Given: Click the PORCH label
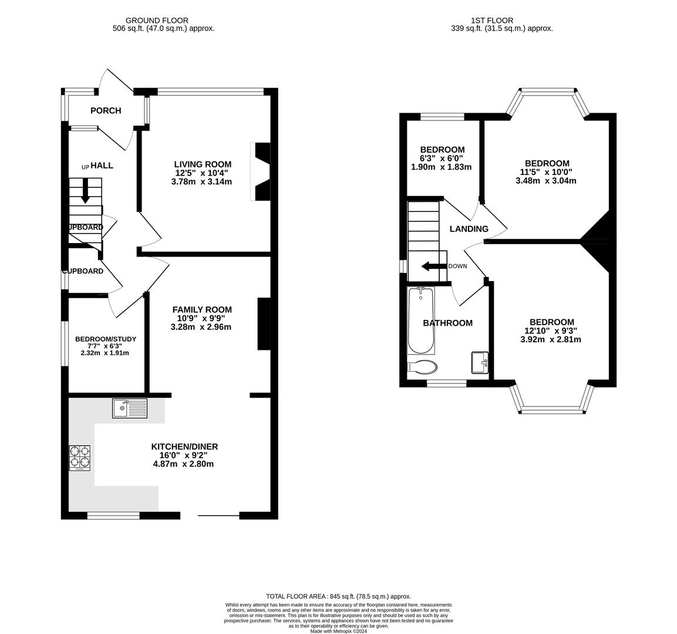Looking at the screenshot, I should coord(106,110).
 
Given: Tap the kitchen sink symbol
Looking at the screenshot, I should coord(130,408).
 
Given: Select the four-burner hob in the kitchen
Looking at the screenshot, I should coord(80,458).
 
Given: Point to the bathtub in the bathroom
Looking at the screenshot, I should coord(420,320).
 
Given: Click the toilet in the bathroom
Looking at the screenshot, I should coord(422,367).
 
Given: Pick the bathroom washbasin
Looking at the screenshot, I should coord(479,362).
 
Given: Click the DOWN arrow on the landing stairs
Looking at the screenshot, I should coord(433,266).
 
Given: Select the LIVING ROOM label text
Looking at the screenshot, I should coord(203,164).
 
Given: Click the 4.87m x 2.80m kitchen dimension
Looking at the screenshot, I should coord(183,464).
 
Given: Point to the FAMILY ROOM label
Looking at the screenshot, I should coord(202,309).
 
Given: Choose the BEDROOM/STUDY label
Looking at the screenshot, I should coord(106,339).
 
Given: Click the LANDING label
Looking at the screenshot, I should coord(469,229).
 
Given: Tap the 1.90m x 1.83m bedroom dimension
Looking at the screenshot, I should coord(442,167).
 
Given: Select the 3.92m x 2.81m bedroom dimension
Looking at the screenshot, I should coord(551,339).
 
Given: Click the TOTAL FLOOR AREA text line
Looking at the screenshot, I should coord(338,596).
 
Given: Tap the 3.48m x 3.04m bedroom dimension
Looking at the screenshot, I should coord(546,181).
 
